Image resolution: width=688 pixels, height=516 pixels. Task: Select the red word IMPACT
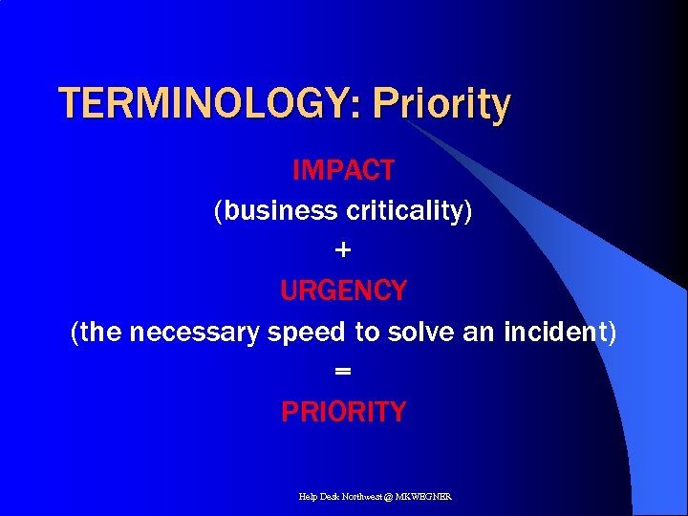pos(343,171)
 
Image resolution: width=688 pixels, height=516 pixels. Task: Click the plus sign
pos(344,250)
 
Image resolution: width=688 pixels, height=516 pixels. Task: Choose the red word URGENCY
pos(344,290)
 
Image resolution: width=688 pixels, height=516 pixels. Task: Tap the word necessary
pos(196,332)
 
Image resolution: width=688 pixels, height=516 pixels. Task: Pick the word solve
pos(419,332)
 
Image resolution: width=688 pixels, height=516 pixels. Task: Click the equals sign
pos(344,371)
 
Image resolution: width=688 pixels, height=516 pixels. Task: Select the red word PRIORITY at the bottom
pos(344,412)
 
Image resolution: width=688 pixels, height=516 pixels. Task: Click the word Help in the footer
pos(309,497)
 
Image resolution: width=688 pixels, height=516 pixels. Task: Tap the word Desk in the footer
pos(331,497)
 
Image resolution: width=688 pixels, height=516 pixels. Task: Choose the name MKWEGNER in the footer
pos(426,497)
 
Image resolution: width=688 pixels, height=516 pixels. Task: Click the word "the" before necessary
pos(102,332)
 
